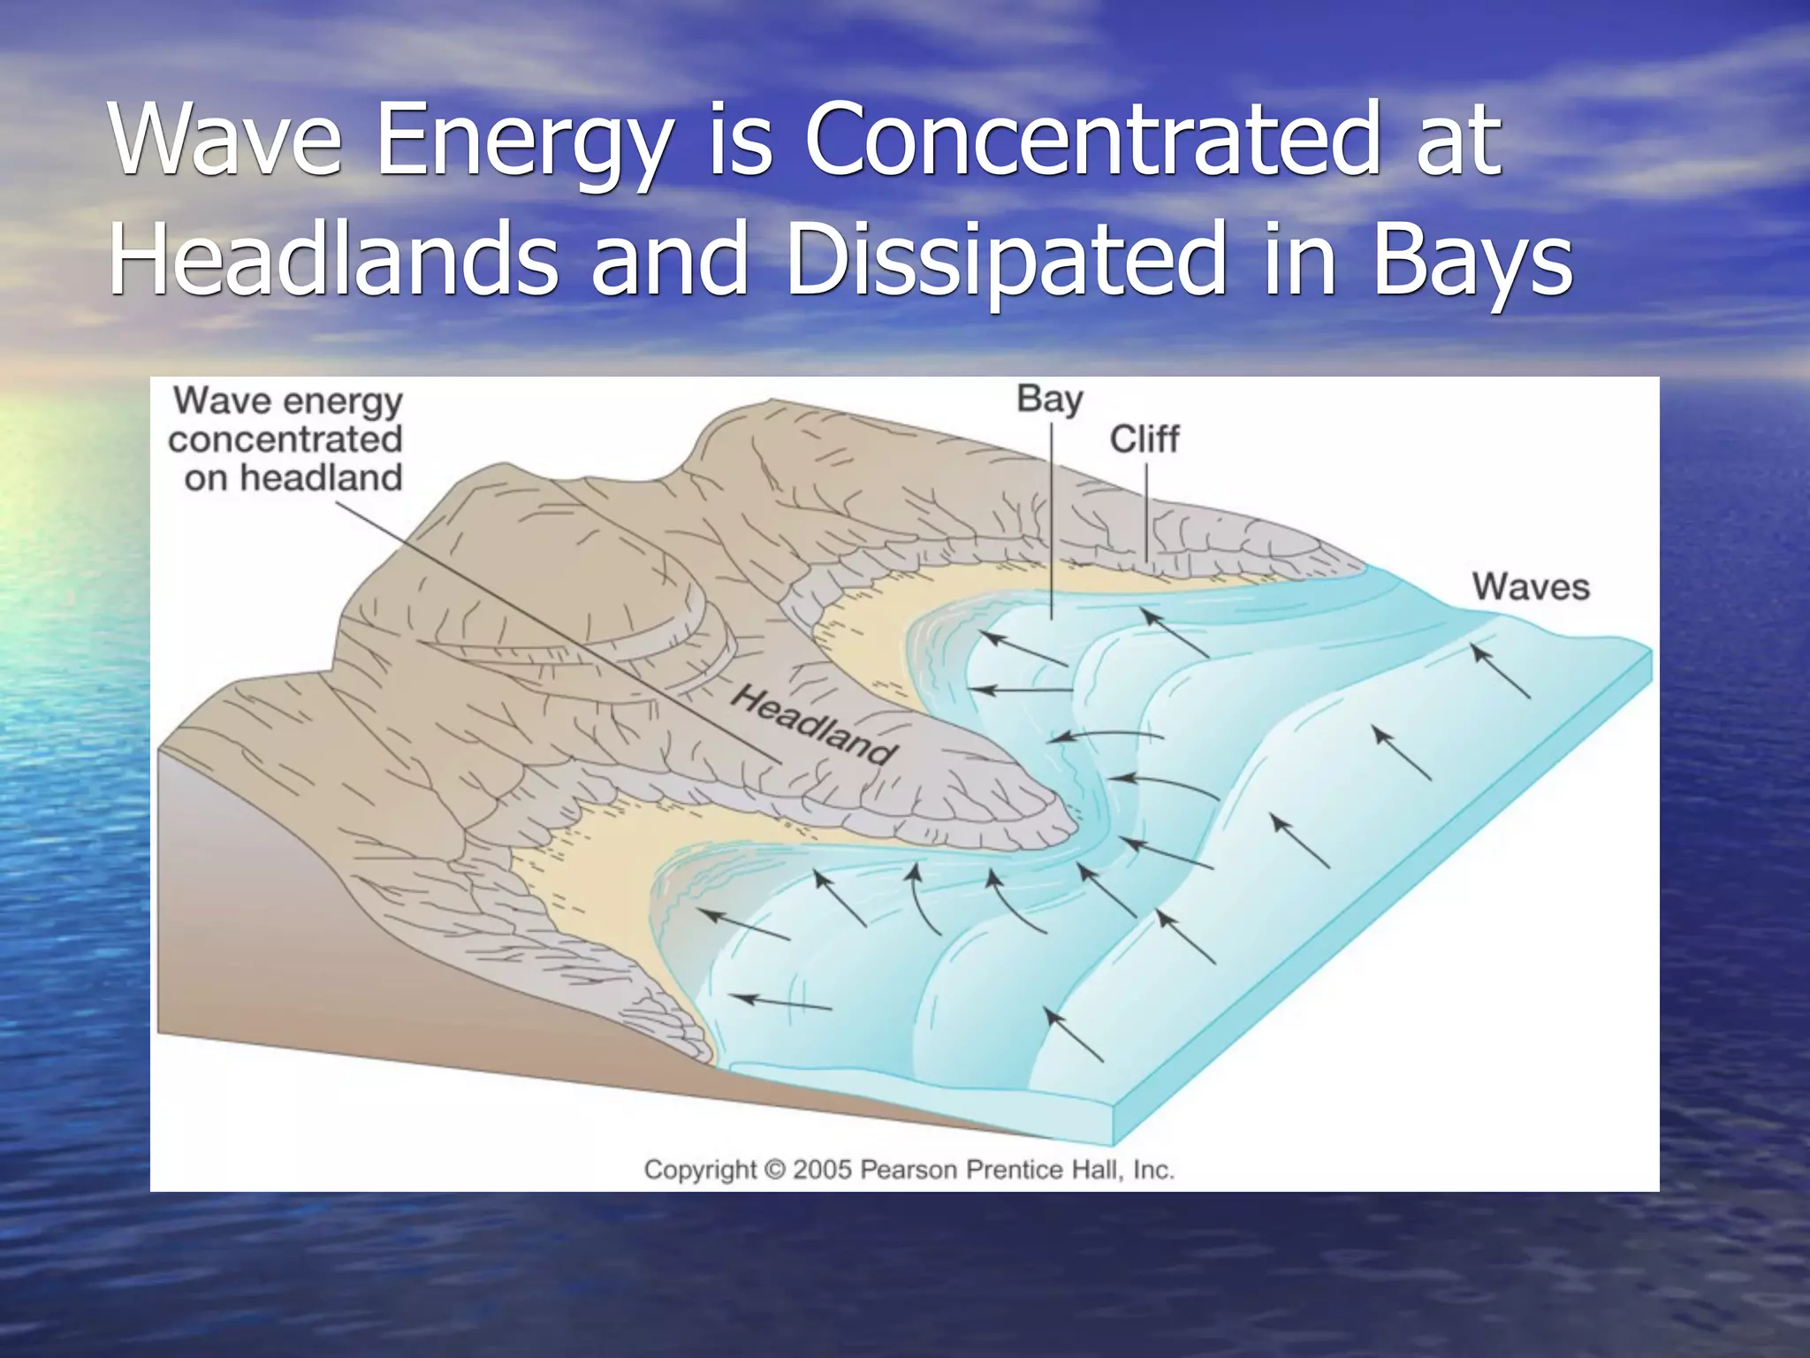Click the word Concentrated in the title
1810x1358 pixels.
click(x=1091, y=140)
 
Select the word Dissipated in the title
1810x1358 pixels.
click(x=1004, y=259)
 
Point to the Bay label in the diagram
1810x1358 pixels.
click(x=1049, y=400)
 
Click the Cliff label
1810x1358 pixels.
click(x=1144, y=439)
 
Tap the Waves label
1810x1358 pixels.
click(x=1531, y=587)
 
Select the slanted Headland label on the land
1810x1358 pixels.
click(x=812, y=726)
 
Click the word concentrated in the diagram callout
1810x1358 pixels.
click(x=285, y=439)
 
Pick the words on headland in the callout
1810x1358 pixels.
click(x=293, y=478)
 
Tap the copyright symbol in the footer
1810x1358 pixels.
click(x=774, y=1170)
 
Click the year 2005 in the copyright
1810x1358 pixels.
click(x=822, y=1170)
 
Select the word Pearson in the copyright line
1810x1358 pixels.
click(x=909, y=1170)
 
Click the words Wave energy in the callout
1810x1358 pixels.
click(x=288, y=401)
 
